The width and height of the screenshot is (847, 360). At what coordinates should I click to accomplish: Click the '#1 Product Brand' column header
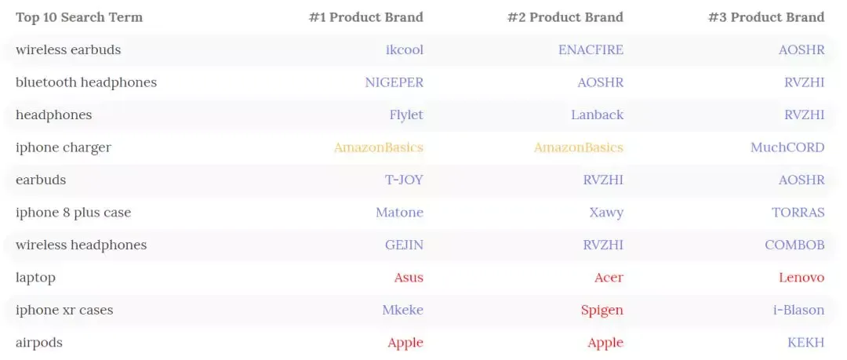coord(365,17)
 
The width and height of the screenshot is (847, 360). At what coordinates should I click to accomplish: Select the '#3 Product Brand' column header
coord(766,17)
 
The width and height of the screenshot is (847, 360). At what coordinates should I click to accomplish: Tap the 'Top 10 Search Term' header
coord(79,17)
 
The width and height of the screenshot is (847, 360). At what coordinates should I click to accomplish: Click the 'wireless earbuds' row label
coord(68,49)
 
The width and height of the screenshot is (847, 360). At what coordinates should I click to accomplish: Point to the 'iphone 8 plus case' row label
coord(74,213)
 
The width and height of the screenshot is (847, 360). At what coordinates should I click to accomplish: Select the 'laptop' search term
coord(35,278)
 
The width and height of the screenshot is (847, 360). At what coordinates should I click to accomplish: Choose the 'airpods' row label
coord(39,343)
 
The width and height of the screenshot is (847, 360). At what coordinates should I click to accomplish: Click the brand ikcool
coord(405,49)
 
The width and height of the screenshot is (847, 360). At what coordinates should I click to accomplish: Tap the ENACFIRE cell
coord(591,49)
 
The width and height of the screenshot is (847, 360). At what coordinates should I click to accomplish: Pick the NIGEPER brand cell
coord(394,82)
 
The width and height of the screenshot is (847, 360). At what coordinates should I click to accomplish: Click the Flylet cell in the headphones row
coord(406,115)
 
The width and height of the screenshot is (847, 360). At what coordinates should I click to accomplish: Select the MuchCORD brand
coord(787,147)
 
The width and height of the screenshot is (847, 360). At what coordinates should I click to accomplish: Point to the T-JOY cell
coord(404,180)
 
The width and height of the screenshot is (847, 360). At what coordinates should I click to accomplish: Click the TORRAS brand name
coord(798,213)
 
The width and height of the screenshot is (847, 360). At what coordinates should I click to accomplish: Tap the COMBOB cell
coord(794,245)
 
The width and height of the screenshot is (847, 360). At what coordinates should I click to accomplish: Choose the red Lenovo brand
coord(802,278)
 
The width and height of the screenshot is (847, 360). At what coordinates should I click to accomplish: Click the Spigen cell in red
coord(602,311)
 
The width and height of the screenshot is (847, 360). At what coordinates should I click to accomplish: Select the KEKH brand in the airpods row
coord(806,343)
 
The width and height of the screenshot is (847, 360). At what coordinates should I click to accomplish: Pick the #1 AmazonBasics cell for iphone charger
coord(379,147)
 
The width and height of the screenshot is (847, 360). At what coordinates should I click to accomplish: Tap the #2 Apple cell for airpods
coord(605,343)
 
